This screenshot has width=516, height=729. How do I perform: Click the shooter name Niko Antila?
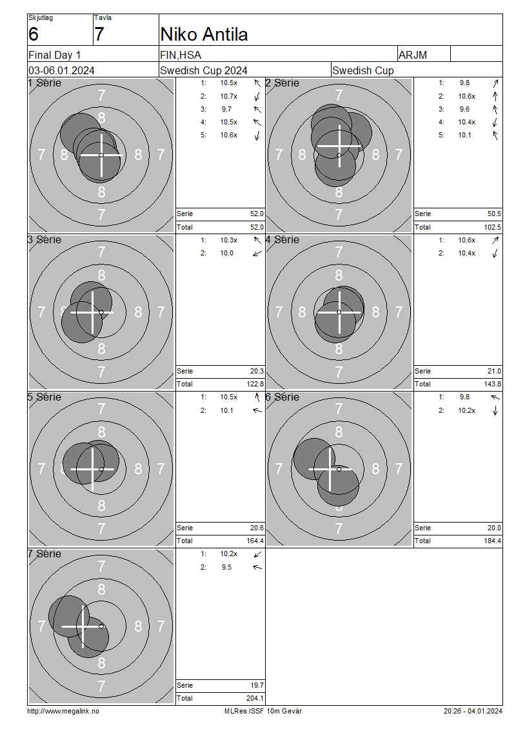point(204,34)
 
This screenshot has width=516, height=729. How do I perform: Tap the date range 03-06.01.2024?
point(61,71)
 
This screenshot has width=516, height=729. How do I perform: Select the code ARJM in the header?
point(412,55)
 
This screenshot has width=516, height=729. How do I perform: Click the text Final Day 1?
point(54,55)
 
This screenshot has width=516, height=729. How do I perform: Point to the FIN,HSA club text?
point(181,55)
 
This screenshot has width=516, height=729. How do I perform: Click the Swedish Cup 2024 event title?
point(204,71)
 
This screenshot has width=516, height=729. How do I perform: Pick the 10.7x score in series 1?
point(229,96)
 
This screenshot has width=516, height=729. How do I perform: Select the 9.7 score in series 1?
point(226,109)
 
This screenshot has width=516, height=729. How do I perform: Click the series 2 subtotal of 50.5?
point(494,214)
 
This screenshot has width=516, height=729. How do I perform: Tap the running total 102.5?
point(492,227)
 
